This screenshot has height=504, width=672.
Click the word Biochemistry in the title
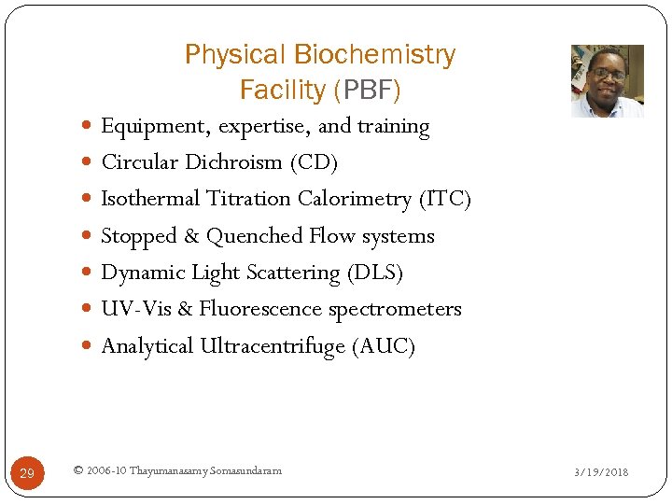(373, 56)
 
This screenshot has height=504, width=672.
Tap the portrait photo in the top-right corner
(607, 80)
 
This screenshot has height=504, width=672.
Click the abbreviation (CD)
(314, 162)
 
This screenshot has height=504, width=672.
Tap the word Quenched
(249, 236)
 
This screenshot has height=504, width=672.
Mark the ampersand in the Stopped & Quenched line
(191, 236)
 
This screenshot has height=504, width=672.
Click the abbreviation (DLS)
(374, 273)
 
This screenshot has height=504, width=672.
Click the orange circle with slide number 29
(26, 473)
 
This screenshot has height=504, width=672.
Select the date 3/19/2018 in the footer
(601, 472)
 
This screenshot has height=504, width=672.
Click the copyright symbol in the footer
(77, 470)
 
